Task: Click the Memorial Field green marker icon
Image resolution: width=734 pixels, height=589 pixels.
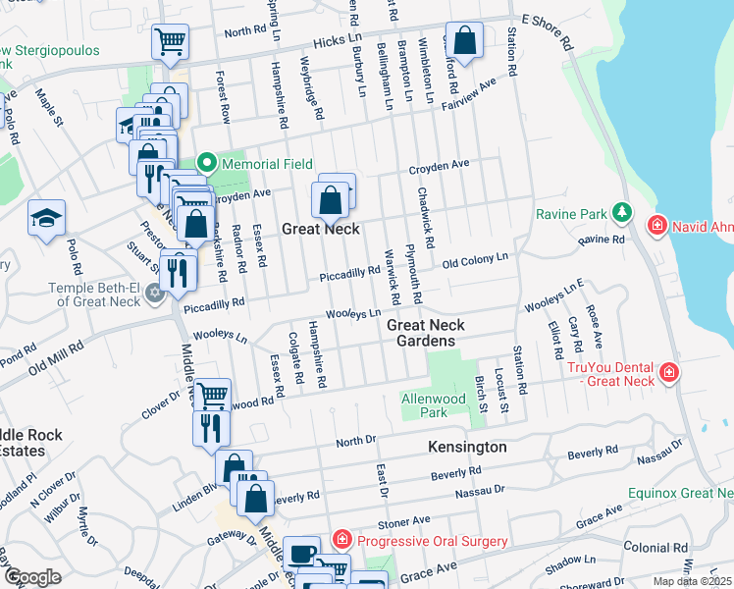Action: point(206,163)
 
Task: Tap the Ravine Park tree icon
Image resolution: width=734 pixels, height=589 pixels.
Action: point(620,212)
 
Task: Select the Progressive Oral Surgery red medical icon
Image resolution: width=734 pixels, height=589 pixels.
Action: point(341,540)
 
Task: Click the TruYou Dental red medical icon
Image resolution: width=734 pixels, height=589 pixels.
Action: point(668,373)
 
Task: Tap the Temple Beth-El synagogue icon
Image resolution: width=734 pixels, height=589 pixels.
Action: point(153,294)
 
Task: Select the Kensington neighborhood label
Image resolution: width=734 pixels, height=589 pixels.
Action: point(467,447)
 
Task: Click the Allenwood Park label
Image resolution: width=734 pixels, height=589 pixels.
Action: point(439,405)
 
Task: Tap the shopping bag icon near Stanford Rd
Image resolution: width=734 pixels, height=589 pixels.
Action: point(466,43)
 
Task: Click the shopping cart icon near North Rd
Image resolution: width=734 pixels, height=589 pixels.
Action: point(169,43)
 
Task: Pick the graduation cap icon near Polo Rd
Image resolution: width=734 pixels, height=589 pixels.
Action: point(46,220)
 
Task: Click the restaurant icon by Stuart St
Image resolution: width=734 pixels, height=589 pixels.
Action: point(177,271)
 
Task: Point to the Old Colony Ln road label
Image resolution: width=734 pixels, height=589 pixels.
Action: point(475,261)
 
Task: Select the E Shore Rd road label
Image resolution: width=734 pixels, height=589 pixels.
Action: point(548,31)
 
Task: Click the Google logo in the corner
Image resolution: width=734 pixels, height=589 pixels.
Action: point(32,577)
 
